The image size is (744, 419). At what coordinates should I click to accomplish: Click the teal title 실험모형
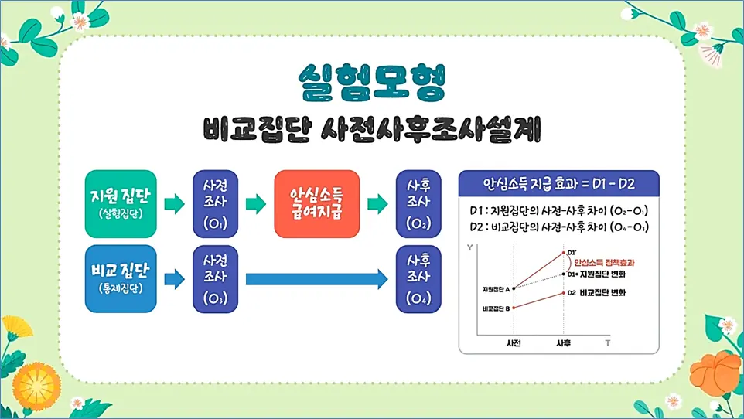click(372, 83)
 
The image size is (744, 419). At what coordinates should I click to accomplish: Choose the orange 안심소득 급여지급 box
click(317, 203)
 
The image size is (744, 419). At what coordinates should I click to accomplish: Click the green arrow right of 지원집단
click(175, 204)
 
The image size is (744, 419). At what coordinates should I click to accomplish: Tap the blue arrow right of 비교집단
click(175, 279)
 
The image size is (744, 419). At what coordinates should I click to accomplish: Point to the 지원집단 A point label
click(495, 289)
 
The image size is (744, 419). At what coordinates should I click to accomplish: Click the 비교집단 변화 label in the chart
click(602, 293)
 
